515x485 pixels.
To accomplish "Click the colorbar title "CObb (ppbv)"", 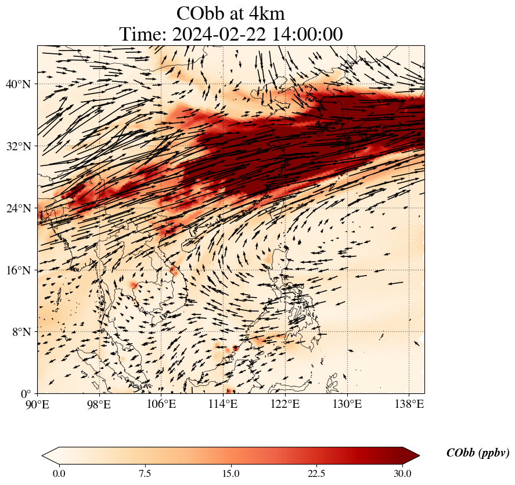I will pos(478,453).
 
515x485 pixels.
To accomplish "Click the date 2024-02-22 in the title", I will pos(218,34).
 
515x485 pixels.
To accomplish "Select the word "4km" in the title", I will pos(265,13).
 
